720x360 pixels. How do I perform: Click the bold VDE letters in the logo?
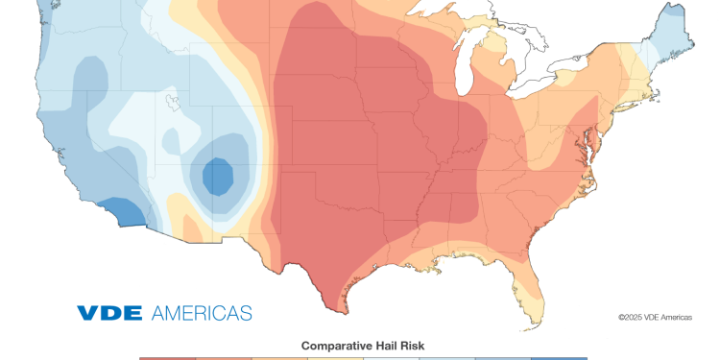pyautogui.click(x=109, y=313)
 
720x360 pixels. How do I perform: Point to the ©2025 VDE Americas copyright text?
pyautogui.click(x=654, y=317)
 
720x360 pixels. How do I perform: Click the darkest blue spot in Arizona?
pyautogui.click(x=218, y=176)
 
